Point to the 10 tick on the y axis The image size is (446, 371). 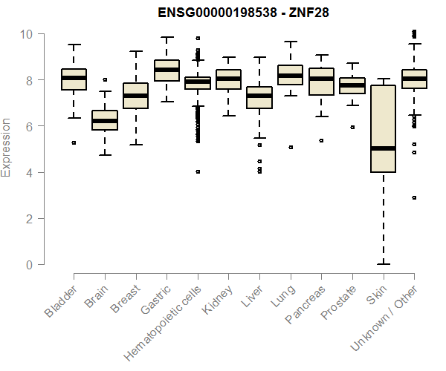pos(27,34)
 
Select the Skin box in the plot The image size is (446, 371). pos(383,129)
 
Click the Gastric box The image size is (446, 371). pos(167,70)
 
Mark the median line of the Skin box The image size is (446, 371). pos(383,148)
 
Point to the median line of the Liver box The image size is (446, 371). pos(259,96)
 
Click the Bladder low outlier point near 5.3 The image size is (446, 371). pos(74,142)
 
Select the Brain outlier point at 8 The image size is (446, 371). pos(105,79)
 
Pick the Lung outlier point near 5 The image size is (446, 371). pos(290,147)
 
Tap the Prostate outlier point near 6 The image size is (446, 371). pos(352,127)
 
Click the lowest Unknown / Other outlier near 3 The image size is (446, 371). pos(413,197)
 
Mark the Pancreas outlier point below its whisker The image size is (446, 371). pos(321,140)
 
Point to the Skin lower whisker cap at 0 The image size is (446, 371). pos(383,264)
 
